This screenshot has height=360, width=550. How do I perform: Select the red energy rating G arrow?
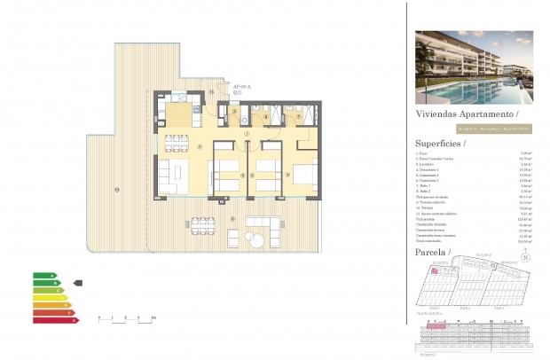click(x=52, y=319)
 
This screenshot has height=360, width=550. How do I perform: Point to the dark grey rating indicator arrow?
click(x=77, y=283)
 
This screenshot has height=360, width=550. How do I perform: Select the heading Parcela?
click(x=433, y=253)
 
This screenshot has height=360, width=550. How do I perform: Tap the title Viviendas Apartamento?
click(x=466, y=115)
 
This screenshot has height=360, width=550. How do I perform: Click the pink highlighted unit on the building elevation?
click(x=436, y=326)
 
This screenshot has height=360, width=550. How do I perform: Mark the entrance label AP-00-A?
click(x=242, y=86)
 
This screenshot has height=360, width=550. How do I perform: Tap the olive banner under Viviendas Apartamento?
click(x=474, y=129)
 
